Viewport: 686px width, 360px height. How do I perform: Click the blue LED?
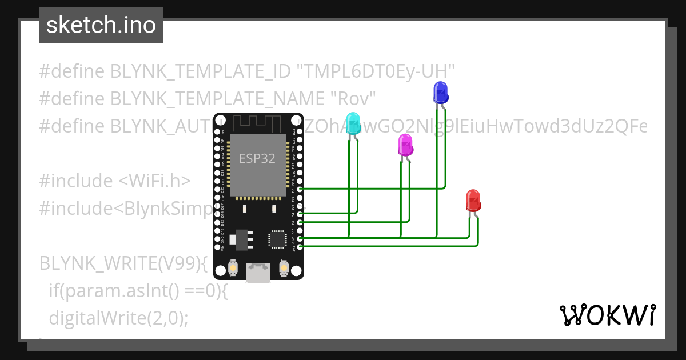440,93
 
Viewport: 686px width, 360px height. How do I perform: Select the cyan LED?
353,124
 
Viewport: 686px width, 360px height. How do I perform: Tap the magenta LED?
405,145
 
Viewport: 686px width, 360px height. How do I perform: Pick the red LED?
473,201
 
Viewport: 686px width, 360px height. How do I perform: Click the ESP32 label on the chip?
257,159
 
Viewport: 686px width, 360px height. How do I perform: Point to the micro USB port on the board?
258,273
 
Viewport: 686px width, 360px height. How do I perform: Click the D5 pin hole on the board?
301,189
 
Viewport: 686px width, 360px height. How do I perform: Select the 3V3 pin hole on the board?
301,246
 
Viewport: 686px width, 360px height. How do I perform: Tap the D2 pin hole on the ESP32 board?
301,221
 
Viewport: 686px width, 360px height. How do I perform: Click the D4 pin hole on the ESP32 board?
301,213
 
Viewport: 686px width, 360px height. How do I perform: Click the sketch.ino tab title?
101,25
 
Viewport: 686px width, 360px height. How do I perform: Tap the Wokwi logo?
607,315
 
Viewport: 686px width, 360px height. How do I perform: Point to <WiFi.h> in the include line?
154,181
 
